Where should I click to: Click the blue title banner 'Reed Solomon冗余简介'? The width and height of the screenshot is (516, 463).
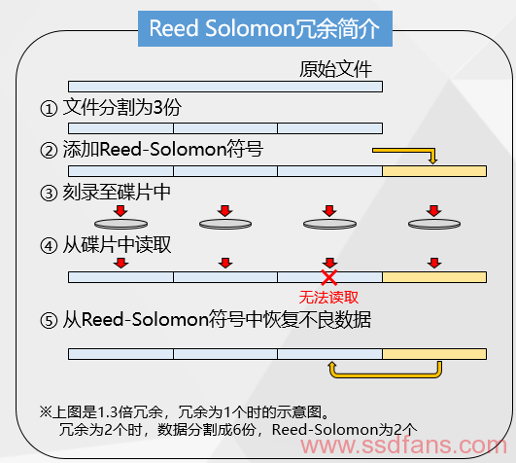click(x=265, y=28)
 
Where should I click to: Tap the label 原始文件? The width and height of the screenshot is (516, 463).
click(x=335, y=69)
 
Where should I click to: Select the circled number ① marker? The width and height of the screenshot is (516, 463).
click(x=49, y=109)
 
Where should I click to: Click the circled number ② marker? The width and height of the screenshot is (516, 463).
click(x=49, y=151)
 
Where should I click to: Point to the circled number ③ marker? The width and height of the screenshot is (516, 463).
click(x=49, y=194)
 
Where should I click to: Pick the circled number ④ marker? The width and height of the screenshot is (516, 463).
click(x=49, y=246)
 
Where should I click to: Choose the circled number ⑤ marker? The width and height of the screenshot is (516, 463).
click(x=49, y=320)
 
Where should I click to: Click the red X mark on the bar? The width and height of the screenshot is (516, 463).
click(x=329, y=277)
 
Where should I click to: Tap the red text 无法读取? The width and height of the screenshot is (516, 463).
click(x=328, y=298)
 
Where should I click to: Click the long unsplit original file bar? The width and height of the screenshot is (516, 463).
click(x=225, y=87)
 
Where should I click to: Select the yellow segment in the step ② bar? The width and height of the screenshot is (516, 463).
click(x=434, y=171)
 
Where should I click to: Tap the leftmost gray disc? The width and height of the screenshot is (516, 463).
click(x=120, y=225)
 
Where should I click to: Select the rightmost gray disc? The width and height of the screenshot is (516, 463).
click(x=434, y=225)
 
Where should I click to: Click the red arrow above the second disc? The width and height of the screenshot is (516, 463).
click(x=225, y=211)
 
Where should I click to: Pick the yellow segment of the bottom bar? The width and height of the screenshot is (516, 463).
click(x=434, y=354)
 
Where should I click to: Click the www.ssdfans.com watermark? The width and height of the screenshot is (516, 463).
click(x=404, y=445)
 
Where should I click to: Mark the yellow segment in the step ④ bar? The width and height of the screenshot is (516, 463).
click(x=434, y=277)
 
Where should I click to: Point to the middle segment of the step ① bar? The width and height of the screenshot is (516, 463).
click(x=225, y=128)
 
